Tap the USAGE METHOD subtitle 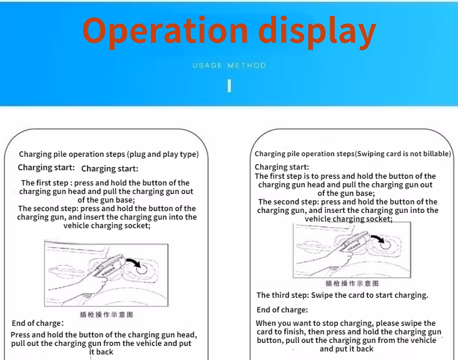point(229,65)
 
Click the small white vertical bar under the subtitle point(229,86)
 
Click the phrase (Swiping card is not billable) point(403,154)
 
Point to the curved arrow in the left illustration point(134,262)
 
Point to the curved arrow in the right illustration point(377,238)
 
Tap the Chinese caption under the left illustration point(107,314)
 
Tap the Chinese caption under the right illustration point(352,283)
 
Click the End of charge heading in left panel point(38,323)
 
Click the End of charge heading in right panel point(282,310)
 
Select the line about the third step point(343,295)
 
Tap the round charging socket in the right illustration point(385,245)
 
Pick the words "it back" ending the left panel point(101,352)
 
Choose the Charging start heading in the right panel point(282,167)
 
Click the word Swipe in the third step point(322,295)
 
